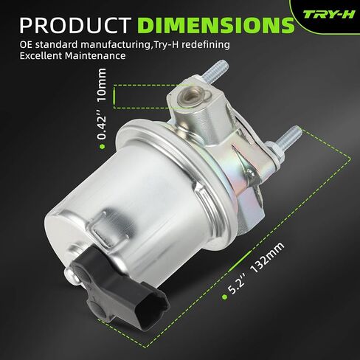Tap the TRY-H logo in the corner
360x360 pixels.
click(328, 13)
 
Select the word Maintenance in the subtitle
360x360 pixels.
click(97, 56)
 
